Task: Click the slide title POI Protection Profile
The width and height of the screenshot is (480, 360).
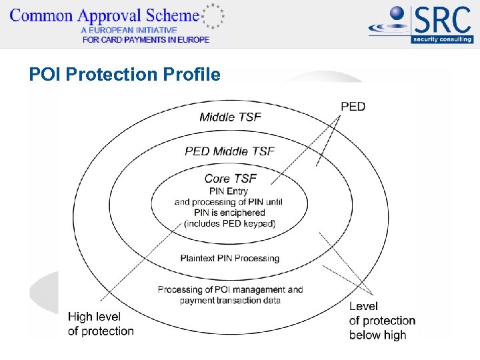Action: coord(124,74)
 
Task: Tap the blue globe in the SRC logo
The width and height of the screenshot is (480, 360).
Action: coord(397,14)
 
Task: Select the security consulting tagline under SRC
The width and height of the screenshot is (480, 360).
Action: coord(442,39)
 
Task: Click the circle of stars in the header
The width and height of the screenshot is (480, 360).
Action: coord(213,16)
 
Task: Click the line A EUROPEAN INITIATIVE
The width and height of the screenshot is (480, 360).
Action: coord(129,30)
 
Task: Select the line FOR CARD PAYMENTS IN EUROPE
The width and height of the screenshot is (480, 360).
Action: coord(145,39)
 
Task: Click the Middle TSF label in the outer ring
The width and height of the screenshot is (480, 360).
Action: coord(230,117)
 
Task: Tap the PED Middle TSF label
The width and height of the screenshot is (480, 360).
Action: coord(229,151)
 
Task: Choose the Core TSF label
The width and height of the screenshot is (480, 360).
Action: coord(230,178)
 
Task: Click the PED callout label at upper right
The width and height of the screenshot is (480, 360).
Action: coord(353,107)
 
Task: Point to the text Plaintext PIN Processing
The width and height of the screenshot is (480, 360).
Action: coord(229,258)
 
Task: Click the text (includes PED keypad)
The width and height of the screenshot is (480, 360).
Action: coord(230,223)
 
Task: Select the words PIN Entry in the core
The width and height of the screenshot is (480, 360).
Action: coord(229,191)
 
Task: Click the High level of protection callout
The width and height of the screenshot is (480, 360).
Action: coord(101,323)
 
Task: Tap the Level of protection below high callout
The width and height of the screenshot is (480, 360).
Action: coord(381,321)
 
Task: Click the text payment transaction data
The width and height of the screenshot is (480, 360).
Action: coord(230,300)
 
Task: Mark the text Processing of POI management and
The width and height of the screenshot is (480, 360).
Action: coord(230,289)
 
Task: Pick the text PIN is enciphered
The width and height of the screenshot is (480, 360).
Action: coord(229,213)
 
